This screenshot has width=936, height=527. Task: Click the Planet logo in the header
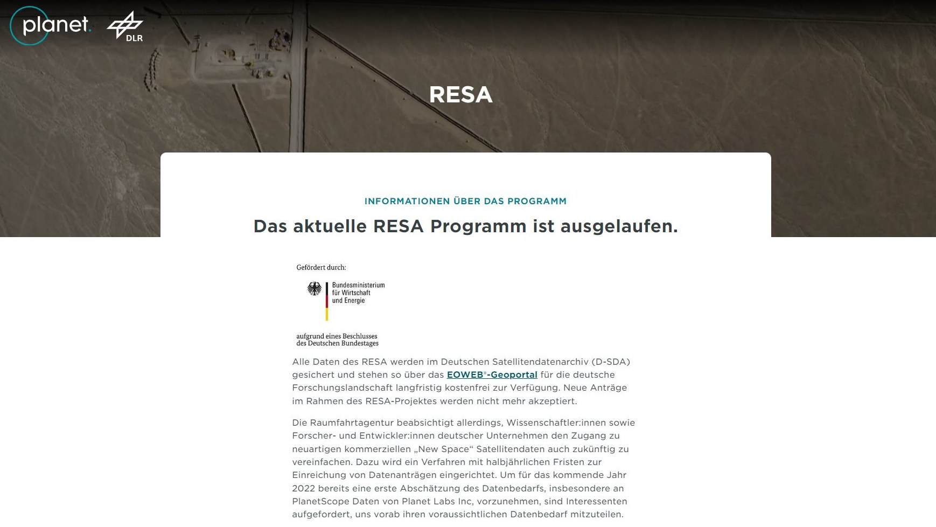51,25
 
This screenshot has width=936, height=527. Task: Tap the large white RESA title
460,95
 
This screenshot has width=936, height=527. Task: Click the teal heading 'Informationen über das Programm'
465,201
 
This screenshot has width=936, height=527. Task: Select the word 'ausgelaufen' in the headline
619,226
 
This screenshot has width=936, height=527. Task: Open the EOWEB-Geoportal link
492,375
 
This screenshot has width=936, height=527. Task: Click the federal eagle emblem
315,289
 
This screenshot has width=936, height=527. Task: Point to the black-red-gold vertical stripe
326,301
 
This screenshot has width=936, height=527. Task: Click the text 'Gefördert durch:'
321,267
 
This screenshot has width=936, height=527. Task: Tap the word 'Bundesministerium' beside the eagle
358,285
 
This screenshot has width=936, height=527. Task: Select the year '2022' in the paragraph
304,488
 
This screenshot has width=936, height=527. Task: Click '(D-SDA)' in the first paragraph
611,362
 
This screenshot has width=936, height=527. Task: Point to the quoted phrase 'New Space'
442,449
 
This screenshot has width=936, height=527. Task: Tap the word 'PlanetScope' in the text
319,501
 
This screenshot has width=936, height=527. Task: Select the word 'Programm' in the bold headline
478,226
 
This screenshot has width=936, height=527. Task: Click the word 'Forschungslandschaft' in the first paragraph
343,387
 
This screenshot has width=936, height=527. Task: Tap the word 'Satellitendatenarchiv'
536,362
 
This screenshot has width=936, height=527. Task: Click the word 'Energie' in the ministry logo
354,301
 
